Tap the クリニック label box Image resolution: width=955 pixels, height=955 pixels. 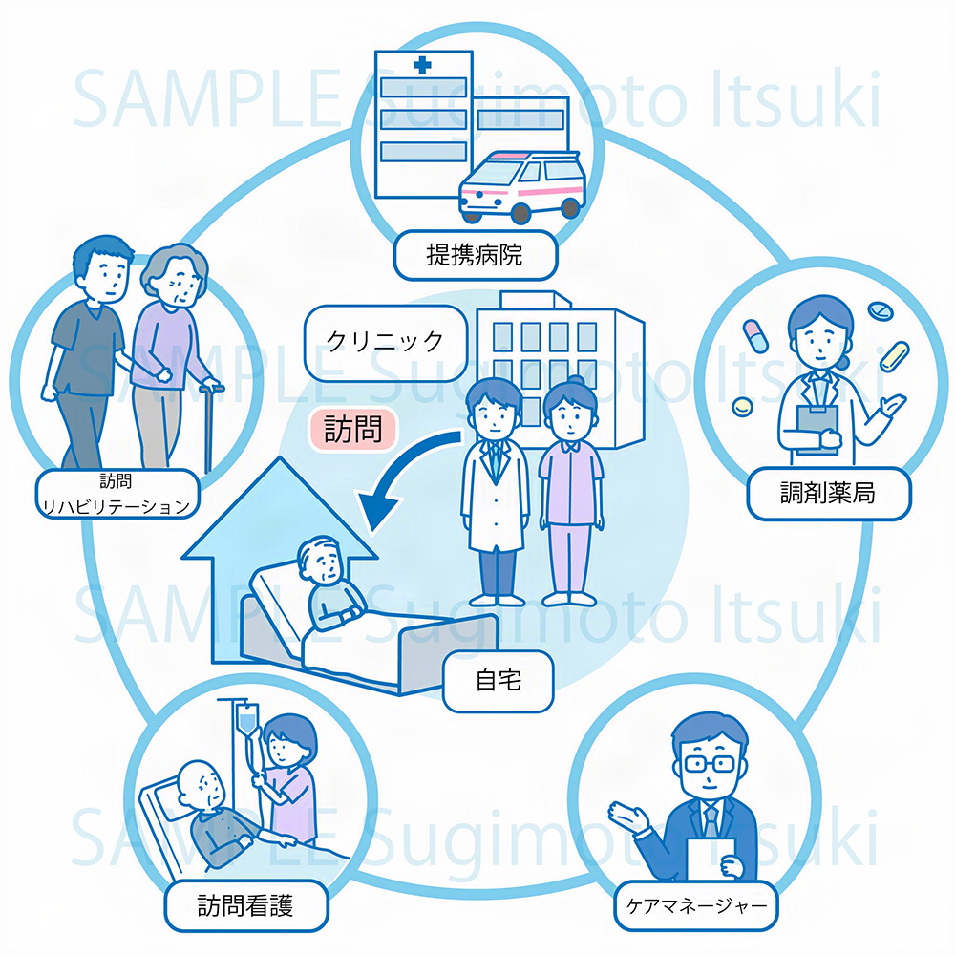click(x=385, y=341)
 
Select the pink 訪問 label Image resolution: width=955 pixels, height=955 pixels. click(x=351, y=429)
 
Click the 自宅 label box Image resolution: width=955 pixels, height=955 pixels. click(x=499, y=682)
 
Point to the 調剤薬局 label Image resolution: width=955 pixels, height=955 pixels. click(x=827, y=493)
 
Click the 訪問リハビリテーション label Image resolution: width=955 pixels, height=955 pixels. click(x=117, y=496)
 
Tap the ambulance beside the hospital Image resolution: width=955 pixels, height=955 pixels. click(x=521, y=184)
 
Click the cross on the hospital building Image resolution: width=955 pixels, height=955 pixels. click(x=422, y=66)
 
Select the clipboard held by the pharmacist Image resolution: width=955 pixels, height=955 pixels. click(x=813, y=419)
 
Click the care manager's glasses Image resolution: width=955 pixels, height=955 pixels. click(x=708, y=764)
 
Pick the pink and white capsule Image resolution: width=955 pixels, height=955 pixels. click(x=755, y=335)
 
